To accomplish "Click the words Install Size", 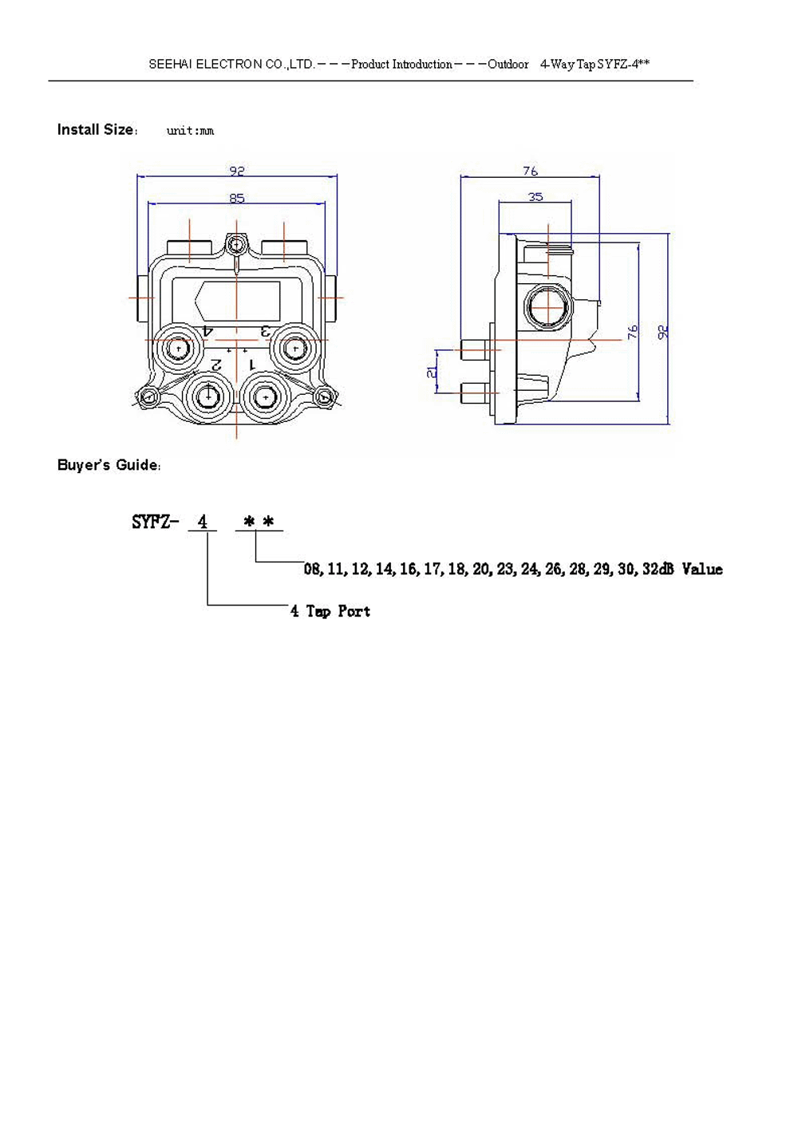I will coord(95,130).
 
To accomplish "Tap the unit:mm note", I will coord(190,131).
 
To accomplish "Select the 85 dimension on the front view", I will coord(237,198).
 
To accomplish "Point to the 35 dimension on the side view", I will coord(535,196).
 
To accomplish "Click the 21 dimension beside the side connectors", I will coord(432,372).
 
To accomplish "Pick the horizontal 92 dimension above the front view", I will coord(237,171).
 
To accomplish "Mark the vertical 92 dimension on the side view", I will coord(662,331).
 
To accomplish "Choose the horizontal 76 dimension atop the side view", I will coord(530,171).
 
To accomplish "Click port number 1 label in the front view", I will coord(252,364).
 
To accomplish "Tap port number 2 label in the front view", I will coord(216,364).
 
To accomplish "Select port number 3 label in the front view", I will coord(267,329).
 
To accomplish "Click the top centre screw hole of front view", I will coord(236,243).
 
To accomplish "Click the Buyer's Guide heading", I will coord(109,465).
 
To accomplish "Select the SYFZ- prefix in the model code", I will coord(156,522).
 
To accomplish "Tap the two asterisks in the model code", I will coord(259,522).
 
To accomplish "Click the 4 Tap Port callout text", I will coord(330,611).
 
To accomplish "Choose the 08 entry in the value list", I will coord(312,569).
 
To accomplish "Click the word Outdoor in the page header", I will coord(508,64).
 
